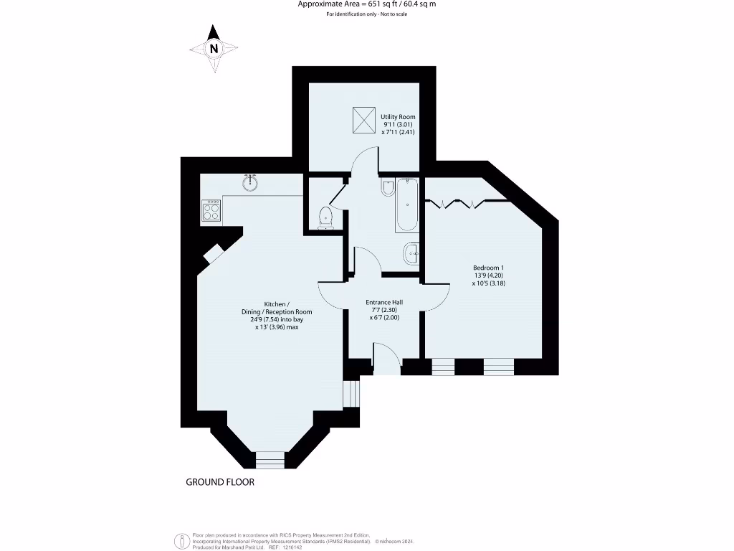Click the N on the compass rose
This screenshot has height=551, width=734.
[x=214, y=49]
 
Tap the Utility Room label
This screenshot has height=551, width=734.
[x=398, y=117]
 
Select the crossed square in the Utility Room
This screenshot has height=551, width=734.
[x=363, y=119]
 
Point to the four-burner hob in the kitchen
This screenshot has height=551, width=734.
[x=211, y=211]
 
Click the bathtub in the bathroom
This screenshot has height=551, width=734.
[x=406, y=205]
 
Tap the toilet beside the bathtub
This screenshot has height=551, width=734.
[x=387, y=188]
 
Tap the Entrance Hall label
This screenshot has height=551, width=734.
[x=383, y=302]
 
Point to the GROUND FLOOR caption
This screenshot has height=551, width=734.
[x=220, y=482]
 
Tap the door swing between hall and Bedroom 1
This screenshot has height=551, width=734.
[x=437, y=296]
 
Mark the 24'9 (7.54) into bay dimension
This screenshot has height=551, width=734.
[x=277, y=320]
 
